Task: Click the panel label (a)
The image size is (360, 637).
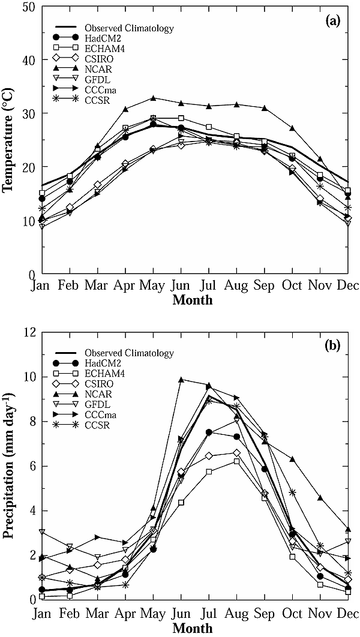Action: [x=333, y=22]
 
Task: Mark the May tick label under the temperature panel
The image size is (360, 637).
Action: [x=154, y=287]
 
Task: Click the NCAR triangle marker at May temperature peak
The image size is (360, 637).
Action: [x=153, y=98]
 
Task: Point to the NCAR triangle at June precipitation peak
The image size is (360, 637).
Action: [x=181, y=380]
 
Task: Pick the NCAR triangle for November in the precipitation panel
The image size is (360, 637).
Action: [x=320, y=498]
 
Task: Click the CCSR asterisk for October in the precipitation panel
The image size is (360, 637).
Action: [x=292, y=492]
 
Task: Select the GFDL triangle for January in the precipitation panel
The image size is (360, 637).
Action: [x=42, y=532]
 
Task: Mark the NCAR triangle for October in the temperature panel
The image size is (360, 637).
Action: [x=292, y=128]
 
